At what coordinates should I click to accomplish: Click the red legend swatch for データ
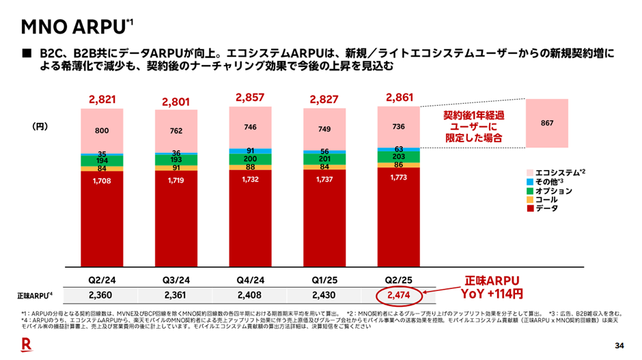(x=530, y=208)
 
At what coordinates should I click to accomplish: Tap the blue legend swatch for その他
(x=530, y=182)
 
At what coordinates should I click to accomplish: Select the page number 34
(x=620, y=344)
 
